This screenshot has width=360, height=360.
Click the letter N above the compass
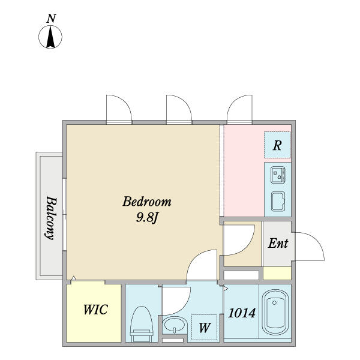51,19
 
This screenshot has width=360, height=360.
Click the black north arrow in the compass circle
50,37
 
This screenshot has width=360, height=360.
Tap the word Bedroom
147,202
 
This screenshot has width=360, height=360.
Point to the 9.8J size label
148,217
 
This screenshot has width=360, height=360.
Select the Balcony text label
51,218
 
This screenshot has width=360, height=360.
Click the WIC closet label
95,310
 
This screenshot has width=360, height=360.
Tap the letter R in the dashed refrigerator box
277,145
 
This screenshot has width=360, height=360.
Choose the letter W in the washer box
205,328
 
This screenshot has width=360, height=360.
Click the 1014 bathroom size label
242,313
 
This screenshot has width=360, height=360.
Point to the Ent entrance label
278,243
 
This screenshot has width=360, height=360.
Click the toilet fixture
142,324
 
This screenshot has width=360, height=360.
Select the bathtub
275,312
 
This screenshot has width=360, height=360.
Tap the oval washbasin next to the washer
175,325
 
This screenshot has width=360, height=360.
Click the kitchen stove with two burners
278,175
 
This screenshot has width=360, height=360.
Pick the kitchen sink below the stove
278,202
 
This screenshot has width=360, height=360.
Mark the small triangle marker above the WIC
73,278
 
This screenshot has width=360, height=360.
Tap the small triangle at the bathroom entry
226,288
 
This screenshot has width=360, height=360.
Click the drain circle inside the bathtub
274,302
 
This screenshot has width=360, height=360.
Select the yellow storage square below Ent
277,273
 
